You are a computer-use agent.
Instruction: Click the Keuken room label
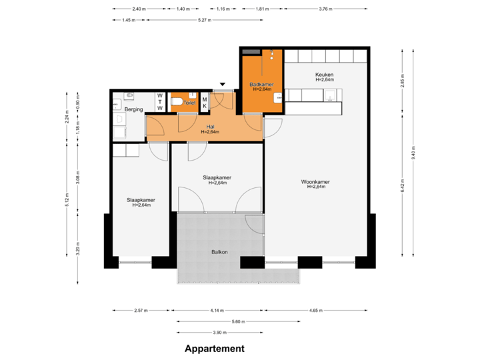click(x=324, y=74)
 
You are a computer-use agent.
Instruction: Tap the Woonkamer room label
click(x=315, y=181)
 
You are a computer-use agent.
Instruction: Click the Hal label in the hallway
click(x=210, y=126)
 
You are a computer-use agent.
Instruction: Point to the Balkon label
click(x=220, y=251)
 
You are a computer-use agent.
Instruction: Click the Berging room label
click(x=134, y=109)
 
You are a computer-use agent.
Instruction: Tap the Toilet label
click(x=189, y=104)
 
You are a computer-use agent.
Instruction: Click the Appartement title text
click(x=214, y=348)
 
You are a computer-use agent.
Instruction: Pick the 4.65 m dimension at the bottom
click(x=316, y=311)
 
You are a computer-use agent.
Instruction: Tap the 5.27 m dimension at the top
click(x=205, y=20)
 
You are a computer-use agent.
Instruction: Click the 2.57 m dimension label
click(x=141, y=311)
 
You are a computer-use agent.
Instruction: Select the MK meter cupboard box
click(x=204, y=101)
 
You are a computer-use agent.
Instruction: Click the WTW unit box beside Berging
click(x=160, y=102)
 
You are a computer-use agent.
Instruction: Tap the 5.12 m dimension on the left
click(x=67, y=200)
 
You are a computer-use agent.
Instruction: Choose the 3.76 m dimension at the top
click(x=325, y=9)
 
